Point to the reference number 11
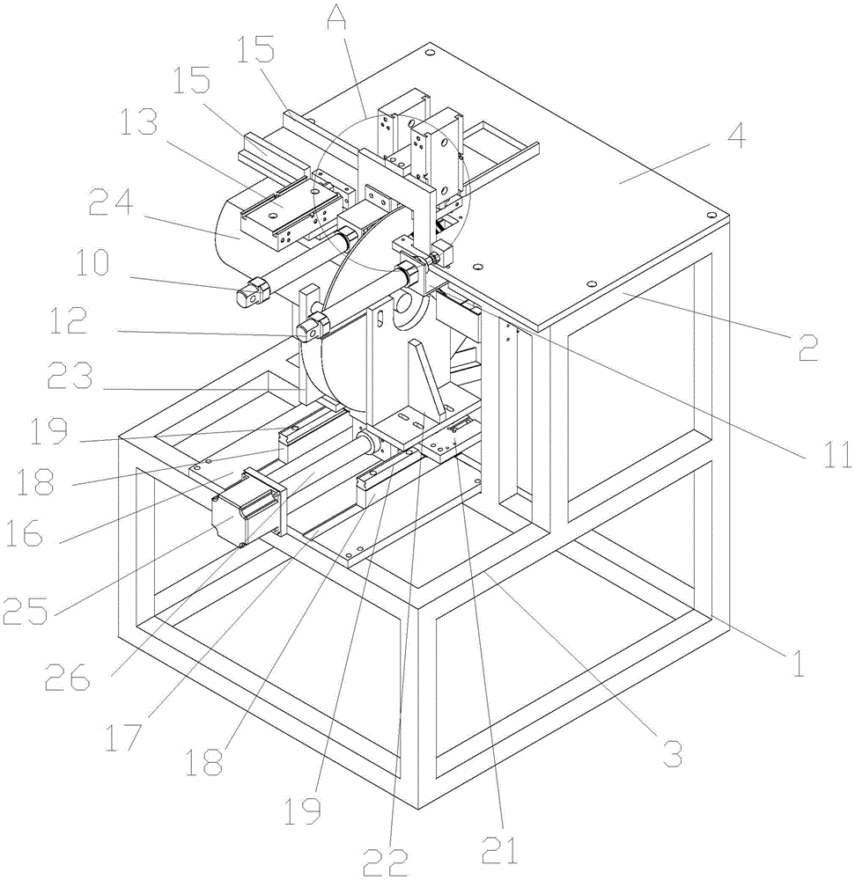tap(838, 455)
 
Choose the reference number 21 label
tap(499, 850)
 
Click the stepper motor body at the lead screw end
tap(236, 517)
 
